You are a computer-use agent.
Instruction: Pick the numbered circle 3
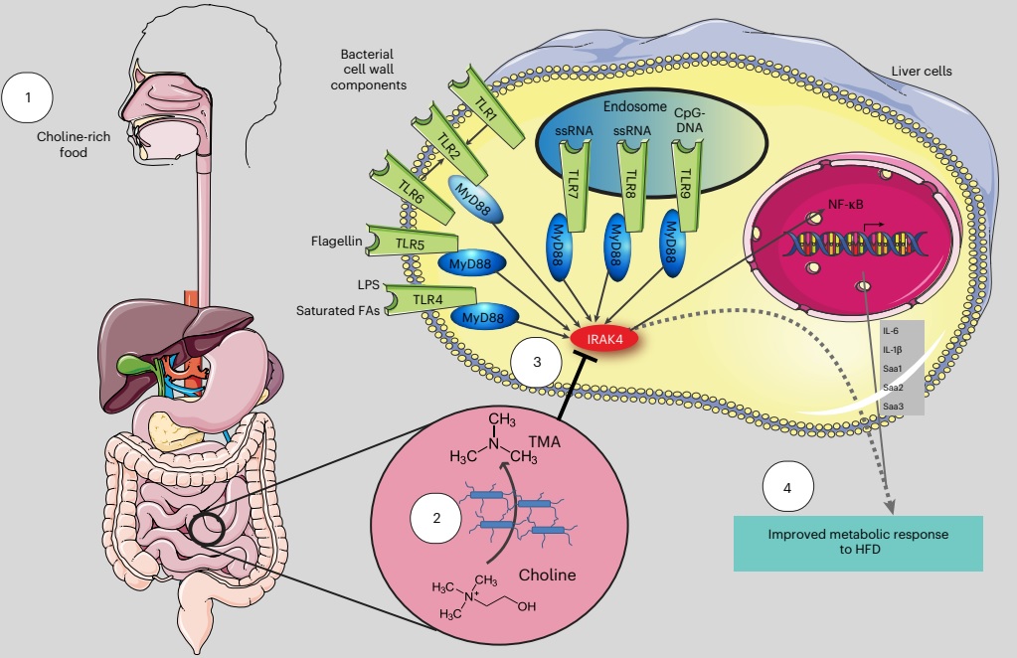click(537, 363)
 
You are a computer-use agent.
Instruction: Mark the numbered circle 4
click(788, 489)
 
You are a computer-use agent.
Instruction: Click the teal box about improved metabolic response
click(857, 542)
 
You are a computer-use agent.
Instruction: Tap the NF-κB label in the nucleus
click(850, 207)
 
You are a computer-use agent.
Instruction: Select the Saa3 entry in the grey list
click(893, 406)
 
